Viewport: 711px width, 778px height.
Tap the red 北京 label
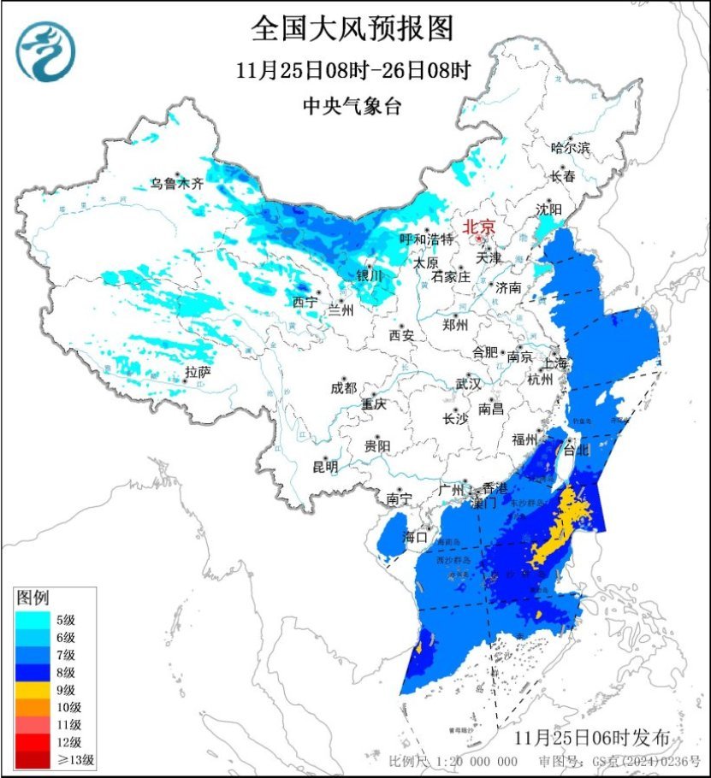pos(478,227)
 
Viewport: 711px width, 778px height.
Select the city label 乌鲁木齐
pos(177,182)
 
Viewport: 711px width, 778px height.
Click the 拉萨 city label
pos(198,372)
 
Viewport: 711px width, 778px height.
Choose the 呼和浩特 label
pos(427,239)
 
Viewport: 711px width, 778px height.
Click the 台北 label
pos(578,450)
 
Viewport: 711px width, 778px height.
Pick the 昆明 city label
pos(325,466)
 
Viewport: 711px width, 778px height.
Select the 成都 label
pos(343,387)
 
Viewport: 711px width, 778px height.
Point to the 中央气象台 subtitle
pos(352,106)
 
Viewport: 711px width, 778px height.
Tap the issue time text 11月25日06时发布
pos(598,737)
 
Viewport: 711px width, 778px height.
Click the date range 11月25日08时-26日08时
pos(353,70)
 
